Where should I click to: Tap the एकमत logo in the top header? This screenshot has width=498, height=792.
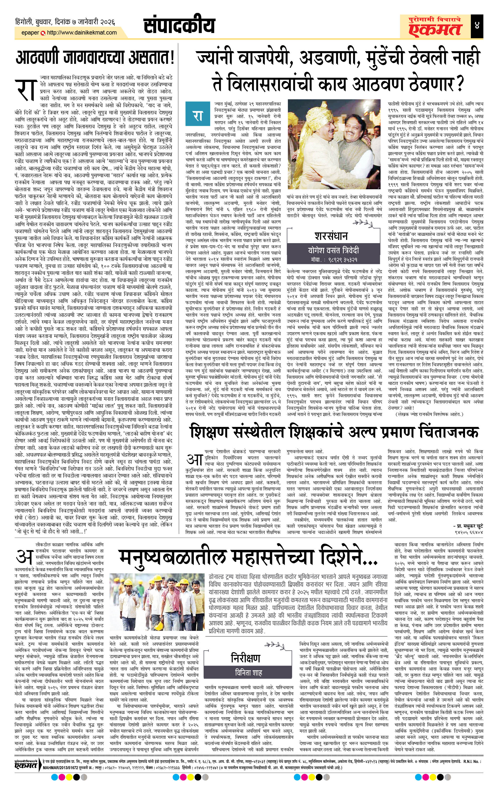click(x=434, y=26)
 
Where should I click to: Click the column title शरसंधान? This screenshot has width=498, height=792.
click(x=331, y=236)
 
